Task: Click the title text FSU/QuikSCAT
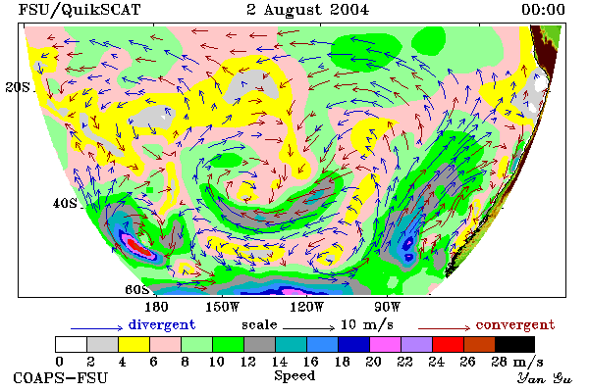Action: [x=80, y=10]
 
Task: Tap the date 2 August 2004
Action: [x=307, y=10]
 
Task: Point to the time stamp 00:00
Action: [x=543, y=10]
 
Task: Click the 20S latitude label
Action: [x=18, y=87]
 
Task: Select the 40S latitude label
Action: [x=65, y=203]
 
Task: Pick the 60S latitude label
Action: [x=136, y=290]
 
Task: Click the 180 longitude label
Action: [x=156, y=307]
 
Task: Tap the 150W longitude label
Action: [x=223, y=307]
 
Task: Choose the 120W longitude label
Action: [x=306, y=307]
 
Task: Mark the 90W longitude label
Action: [x=388, y=307]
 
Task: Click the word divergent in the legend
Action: [x=162, y=324]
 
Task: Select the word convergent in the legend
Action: [x=515, y=324]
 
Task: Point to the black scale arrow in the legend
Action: [x=308, y=328]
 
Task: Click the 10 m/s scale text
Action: [x=367, y=324]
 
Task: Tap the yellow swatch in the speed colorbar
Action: [x=134, y=344]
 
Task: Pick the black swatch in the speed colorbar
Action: [x=515, y=344]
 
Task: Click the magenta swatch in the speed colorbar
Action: [x=386, y=344]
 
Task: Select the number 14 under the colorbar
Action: [x=280, y=362]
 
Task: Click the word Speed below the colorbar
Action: [x=294, y=376]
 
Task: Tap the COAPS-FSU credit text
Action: [x=61, y=377]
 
